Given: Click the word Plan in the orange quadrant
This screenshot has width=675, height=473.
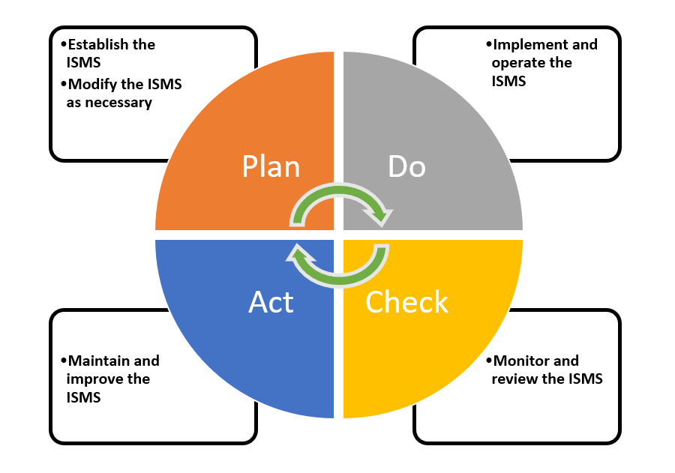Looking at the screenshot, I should pyautogui.click(x=271, y=166).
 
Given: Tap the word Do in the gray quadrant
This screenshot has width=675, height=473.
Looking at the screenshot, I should pyautogui.click(x=407, y=166).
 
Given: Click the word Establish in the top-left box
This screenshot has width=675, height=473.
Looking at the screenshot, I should pyautogui.click(x=98, y=44).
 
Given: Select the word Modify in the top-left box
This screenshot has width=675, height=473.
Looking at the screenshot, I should pyautogui.click(x=92, y=85).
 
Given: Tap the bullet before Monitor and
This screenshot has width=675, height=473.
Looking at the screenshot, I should pyautogui.click(x=488, y=361).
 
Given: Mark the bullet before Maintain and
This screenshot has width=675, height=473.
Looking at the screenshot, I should pyautogui.click(x=63, y=361).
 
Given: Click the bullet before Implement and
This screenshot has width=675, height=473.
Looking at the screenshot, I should pyautogui.click(x=488, y=45).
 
